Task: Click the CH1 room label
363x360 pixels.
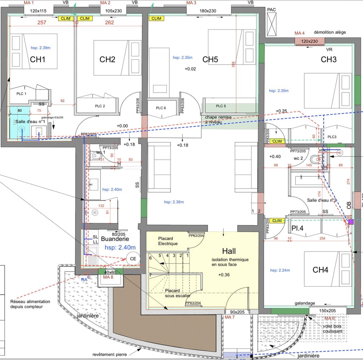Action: point(38,60)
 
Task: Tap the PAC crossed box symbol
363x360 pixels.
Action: point(272,23)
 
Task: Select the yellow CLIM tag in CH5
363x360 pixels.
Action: point(156,18)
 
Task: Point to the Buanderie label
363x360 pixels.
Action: point(115,239)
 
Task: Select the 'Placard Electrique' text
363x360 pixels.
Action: point(168,241)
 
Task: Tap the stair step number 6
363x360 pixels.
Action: point(150,258)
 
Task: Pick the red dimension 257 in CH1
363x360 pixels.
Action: point(42,23)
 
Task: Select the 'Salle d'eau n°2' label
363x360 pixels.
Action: point(322,201)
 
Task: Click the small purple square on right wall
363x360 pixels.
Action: point(351,222)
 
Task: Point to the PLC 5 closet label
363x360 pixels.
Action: point(221,106)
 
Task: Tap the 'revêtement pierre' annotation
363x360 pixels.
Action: point(110,354)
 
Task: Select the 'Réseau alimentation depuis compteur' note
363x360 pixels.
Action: point(30,304)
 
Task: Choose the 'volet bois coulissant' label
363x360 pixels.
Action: point(333,328)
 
